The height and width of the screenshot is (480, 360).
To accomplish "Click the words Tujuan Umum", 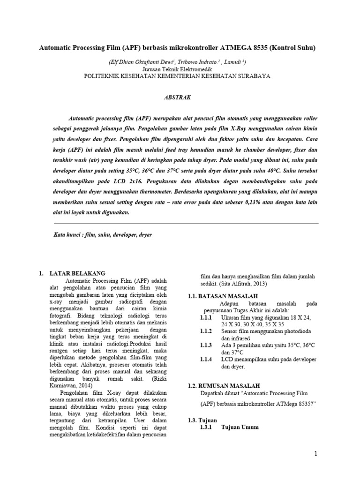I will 240,427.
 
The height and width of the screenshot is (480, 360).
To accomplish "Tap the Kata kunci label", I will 66,234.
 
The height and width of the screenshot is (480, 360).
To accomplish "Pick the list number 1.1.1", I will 207,318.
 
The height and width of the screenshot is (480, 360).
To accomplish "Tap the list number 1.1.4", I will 207,359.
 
